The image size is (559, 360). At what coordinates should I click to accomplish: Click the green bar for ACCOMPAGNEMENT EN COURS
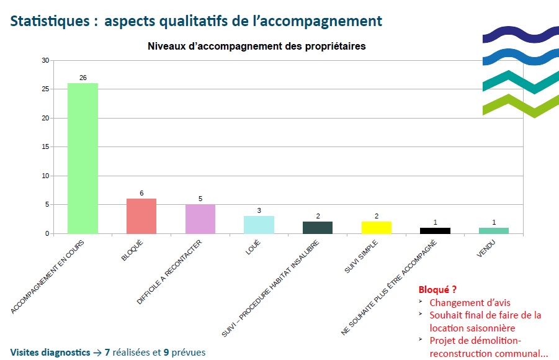pyautogui.click(x=83, y=158)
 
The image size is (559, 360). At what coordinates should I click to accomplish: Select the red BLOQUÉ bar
pyautogui.click(x=141, y=216)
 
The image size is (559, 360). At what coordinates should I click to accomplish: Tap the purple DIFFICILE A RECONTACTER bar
pyautogui.click(x=200, y=219)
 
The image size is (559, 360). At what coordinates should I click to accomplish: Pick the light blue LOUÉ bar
pyautogui.click(x=259, y=225)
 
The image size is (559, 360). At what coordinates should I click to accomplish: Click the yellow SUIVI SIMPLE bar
pyautogui.click(x=377, y=227)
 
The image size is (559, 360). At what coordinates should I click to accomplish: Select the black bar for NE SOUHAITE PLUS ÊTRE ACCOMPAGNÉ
pyautogui.click(x=435, y=230)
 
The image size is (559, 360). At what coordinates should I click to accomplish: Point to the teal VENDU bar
pyautogui.click(x=494, y=230)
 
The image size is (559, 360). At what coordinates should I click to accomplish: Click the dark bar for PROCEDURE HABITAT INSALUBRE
pyautogui.click(x=318, y=227)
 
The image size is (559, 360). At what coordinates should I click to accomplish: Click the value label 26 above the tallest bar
pyautogui.click(x=83, y=78)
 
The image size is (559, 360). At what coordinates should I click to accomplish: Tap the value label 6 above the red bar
pyautogui.click(x=141, y=194)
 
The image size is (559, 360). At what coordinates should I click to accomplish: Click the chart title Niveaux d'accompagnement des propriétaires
pyautogui.click(x=256, y=47)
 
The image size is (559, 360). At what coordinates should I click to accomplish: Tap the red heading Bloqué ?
pyautogui.click(x=437, y=290)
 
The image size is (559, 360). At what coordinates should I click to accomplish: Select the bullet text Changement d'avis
pyautogui.click(x=470, y=303)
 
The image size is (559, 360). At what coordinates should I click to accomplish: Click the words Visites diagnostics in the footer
pyautogui.click(x=50, y=352)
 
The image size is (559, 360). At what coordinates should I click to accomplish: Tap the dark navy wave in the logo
pyautogui.click(x=521, y=35)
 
